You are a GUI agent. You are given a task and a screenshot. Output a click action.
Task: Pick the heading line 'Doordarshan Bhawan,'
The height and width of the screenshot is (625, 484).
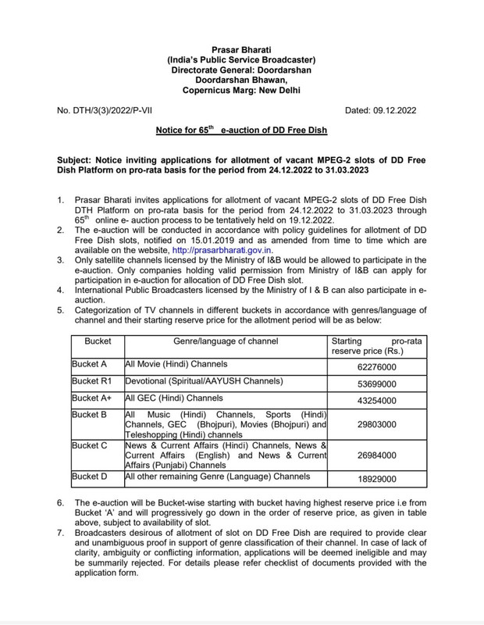click(x=241, y=80)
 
